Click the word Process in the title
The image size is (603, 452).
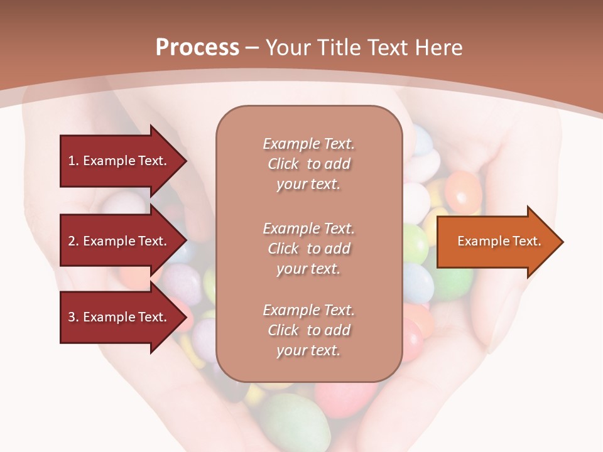coord(197,48)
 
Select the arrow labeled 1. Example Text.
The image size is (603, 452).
coord(119,161)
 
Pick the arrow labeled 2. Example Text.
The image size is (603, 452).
coord(119,241)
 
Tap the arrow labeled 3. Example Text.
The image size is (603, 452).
coord(119,317)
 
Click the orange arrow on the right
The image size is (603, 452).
coord(496,242)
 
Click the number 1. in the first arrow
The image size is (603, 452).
coord(73,161)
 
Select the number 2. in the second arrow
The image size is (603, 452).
coord(73,241)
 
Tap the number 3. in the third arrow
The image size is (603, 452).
coord(73,317)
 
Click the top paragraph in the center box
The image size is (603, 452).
coord(308,164)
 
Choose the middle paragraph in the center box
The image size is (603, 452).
coord(308,249)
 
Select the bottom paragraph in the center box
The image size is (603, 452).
coord(308,330)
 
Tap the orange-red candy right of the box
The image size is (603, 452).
coord(463,191)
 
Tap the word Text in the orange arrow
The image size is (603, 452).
coord(527,241)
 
